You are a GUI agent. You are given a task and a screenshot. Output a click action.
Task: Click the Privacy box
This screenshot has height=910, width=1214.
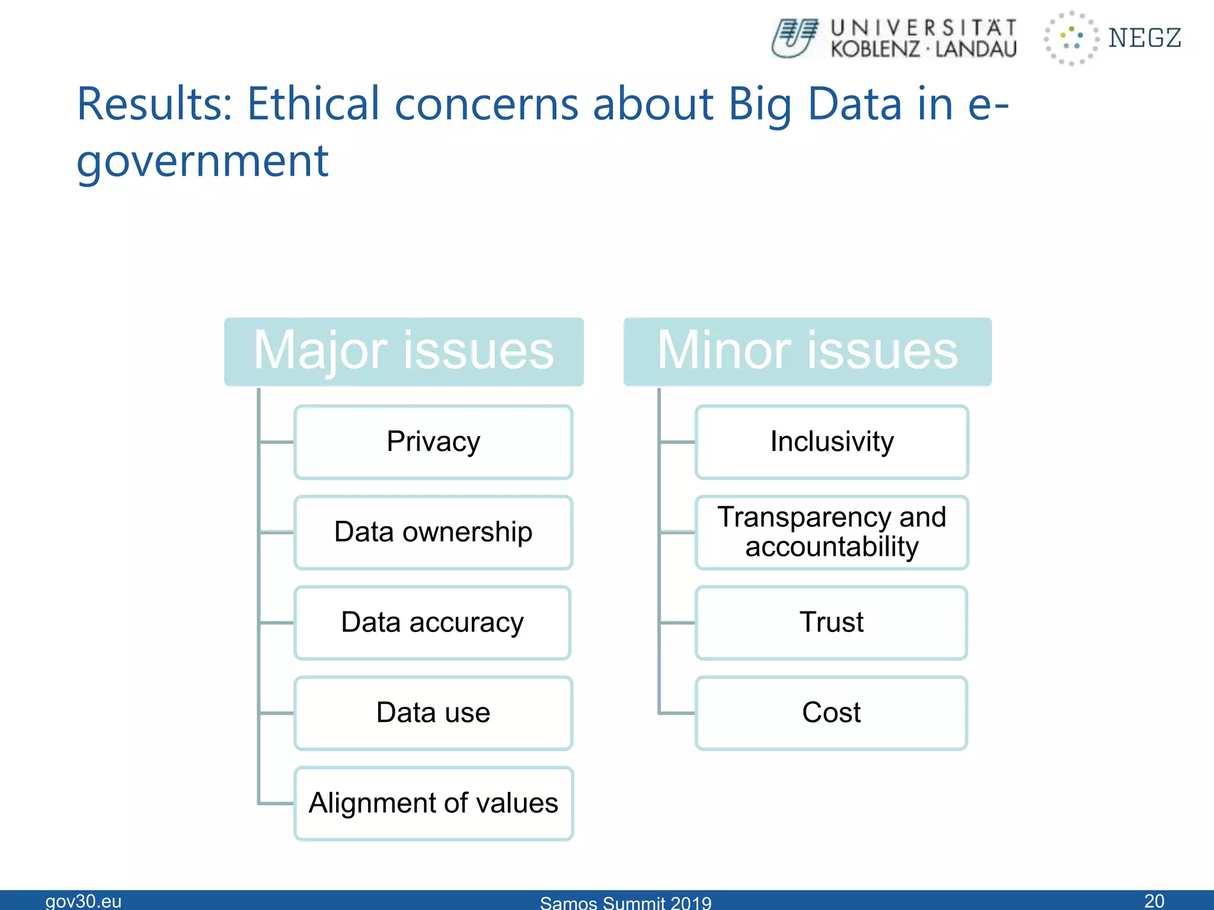(433, 442)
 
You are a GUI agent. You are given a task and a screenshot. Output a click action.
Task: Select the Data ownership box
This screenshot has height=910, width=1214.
(433, 532)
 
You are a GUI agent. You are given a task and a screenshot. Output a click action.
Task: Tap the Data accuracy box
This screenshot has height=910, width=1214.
(432, 623)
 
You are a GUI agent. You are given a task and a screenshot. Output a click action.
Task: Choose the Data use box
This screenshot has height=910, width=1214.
(433, 713)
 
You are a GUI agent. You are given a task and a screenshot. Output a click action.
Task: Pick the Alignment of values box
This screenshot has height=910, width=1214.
(433, 803)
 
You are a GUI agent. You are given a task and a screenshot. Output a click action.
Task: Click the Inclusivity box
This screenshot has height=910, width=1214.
(832, 442)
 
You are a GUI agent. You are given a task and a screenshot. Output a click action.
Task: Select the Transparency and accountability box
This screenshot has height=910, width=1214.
(832, 532)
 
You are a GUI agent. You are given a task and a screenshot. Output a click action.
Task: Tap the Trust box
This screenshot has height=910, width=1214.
(831, 623)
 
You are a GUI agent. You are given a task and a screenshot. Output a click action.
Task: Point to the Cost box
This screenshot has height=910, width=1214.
(831, 713)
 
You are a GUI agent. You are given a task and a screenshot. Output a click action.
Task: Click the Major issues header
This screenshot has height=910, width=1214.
(404, 351)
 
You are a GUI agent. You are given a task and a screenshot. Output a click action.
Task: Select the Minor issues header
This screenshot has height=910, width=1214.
(807, 351)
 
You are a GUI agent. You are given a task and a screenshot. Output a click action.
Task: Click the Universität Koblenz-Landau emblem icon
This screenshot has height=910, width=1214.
(795, 38)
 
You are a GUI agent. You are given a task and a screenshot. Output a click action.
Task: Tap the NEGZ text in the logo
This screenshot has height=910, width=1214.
(1145, 38)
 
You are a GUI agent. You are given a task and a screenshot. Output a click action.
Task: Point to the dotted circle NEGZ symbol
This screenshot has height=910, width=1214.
(1071, 38)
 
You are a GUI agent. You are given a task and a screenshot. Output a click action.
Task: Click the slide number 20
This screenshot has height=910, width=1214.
(1154, 901)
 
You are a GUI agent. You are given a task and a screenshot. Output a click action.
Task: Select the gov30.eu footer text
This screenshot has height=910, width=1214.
(84, 901)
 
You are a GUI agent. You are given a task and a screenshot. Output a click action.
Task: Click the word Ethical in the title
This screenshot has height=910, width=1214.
(313, 104)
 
